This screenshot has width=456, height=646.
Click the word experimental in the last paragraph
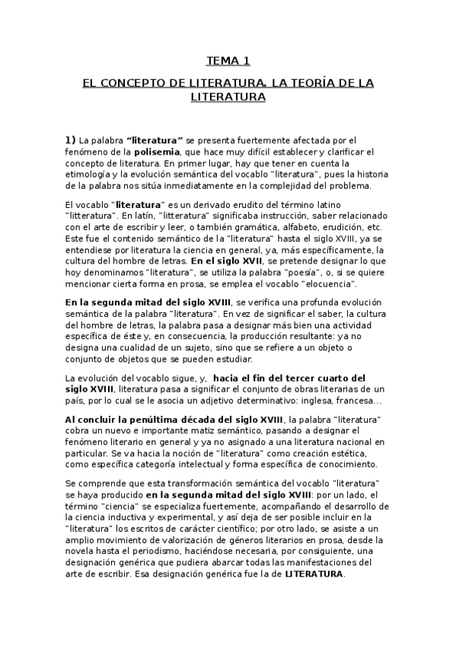[176, 517]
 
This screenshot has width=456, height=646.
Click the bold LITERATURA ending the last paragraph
[314, 574]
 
